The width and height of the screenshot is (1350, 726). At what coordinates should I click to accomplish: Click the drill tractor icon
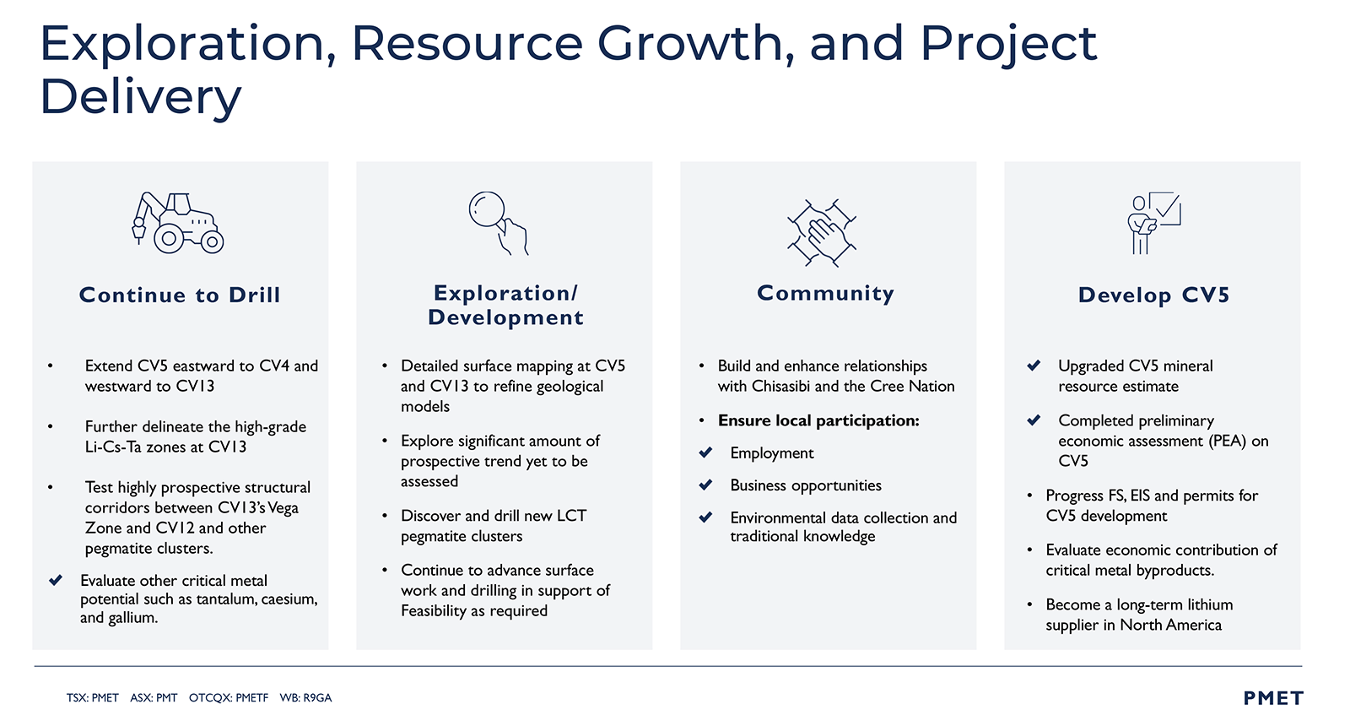point(178,223)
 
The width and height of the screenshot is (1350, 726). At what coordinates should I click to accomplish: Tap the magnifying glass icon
point(499,223)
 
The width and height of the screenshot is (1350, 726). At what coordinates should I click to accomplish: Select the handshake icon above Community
point(822,232)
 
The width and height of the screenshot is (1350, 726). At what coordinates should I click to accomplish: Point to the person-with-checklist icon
point(1153,223)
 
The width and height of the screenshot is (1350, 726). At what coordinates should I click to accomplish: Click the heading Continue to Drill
point(180,295)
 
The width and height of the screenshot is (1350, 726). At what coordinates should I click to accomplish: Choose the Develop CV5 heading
point(1153,295)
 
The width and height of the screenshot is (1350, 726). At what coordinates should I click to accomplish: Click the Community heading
point(826,293)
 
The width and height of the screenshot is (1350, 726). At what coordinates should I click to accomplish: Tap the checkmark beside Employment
point(705,452)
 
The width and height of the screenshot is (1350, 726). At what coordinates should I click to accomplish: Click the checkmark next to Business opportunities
point(705,485)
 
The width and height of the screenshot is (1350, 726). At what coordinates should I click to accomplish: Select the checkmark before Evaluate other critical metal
point(56,580)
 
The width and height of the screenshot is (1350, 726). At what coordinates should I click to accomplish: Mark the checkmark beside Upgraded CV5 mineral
point(1034,366)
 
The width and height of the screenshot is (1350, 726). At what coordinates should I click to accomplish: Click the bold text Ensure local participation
point(818,420)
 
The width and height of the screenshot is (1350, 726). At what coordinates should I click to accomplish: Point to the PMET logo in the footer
point(1273,698)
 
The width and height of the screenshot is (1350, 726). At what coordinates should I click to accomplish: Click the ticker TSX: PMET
point(92,697)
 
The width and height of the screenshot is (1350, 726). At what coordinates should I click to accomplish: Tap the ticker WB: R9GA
point(305,697)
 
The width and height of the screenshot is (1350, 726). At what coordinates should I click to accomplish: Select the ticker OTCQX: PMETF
point(229,697)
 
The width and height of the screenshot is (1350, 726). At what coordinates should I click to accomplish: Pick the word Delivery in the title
point(140,96)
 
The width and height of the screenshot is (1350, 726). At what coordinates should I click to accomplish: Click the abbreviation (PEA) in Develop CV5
point(1227,441)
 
